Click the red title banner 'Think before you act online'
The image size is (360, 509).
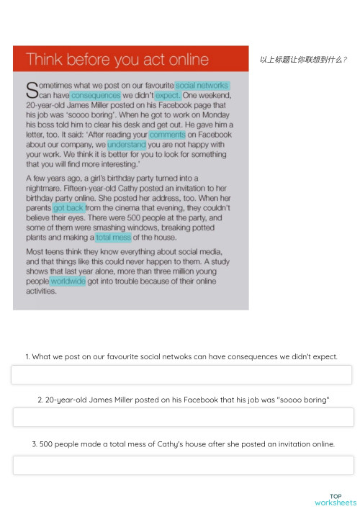click(x=130, y=60)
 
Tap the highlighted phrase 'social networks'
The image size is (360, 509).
click(x=202, y=86)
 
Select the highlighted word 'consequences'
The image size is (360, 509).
click(x=95, y=95)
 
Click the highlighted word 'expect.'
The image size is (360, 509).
click(x=167, y=95)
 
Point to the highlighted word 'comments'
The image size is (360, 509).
click(x=167, y=135)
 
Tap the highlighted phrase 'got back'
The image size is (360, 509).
click(x=68, y=207)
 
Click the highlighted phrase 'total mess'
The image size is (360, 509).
click(x=113, y=237)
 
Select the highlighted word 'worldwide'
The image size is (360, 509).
click(x=68, y=281)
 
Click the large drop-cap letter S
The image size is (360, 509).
click(x=32, y=90)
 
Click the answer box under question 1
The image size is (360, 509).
click(x=181, y=375)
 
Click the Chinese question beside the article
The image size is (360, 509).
click(x=303, y=60)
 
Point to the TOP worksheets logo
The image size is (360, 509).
click(x=335, y=499)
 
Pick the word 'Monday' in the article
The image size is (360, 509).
click(x=215, y=114)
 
